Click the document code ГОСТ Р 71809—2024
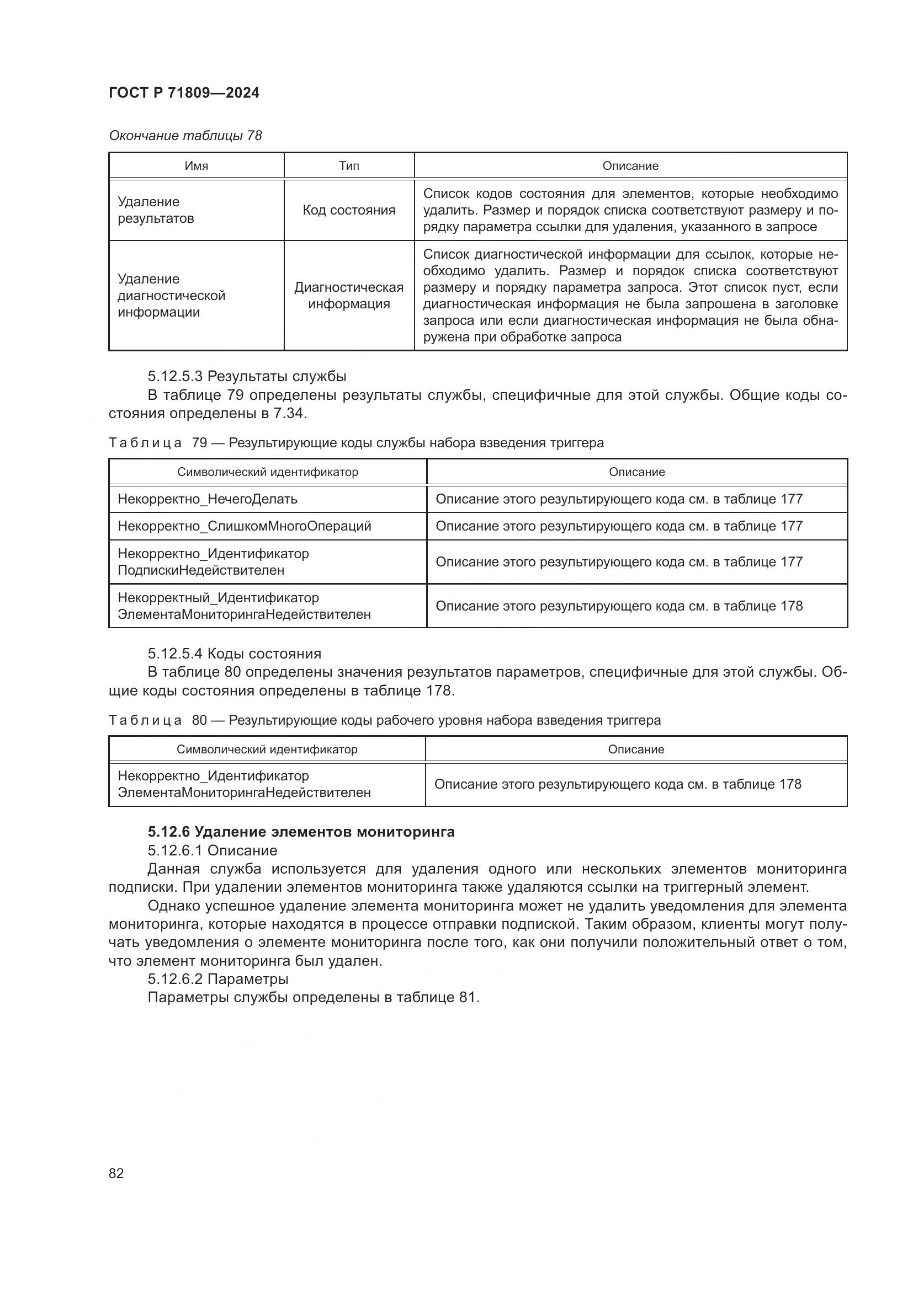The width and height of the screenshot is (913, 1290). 184,93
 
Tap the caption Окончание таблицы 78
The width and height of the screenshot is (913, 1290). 185,136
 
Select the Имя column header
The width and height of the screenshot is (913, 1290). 196,166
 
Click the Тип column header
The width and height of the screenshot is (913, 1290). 348,166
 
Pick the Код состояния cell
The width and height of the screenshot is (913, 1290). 348,210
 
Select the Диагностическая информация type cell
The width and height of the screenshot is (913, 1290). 348,296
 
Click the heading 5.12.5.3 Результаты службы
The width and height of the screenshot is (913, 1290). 247,376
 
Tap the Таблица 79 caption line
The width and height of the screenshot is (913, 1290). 356,443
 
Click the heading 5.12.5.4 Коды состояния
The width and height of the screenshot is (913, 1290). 235,654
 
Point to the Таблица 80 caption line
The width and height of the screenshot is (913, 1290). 385,720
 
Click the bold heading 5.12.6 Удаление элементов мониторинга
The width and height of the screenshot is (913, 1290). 301,832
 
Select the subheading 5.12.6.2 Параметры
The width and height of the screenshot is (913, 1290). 218,979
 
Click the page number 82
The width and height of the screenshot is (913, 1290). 116,1173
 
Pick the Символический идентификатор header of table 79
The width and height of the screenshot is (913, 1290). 268,472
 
